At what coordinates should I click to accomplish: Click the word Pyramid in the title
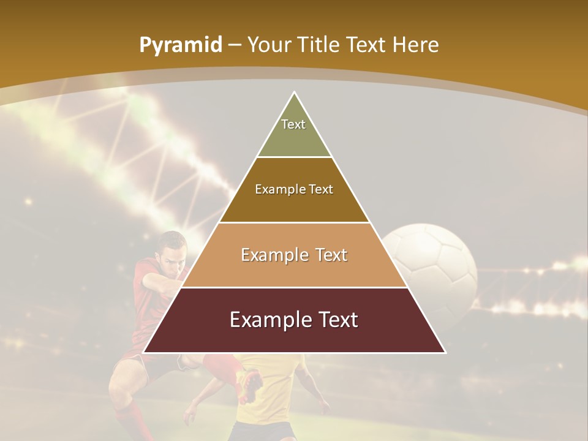[x=181, y=45]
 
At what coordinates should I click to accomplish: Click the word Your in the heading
[x=268, y=45]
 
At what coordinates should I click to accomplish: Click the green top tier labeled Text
[x=294, y=132]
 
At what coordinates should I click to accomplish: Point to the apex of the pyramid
[x=295, y=93]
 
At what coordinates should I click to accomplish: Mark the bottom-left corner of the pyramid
[x=145, y=352]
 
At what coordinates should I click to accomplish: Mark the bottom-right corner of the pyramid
[x=445, y=352]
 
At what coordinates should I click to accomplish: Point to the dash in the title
[x=235, y=45]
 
